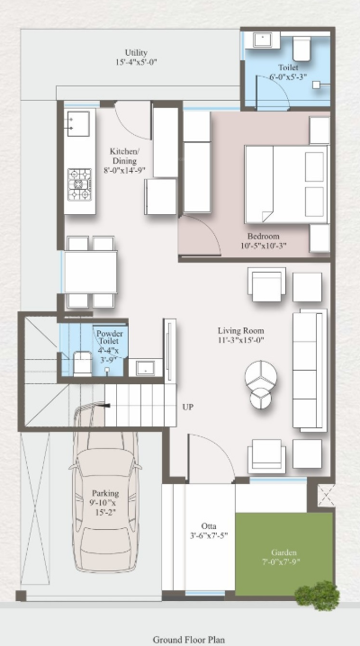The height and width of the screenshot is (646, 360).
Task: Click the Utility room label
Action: point(137,53)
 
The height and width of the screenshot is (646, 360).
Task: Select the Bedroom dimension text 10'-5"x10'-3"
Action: point(274,246)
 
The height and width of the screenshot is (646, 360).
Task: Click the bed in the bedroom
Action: point(286,184)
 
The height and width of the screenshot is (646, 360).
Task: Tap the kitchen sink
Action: point(77,121)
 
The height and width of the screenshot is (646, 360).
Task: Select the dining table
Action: point(90,271)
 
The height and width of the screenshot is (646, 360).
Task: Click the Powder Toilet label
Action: point(110,338)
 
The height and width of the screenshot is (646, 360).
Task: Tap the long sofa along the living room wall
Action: point(308,371)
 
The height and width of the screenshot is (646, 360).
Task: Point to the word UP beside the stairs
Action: point(188,407)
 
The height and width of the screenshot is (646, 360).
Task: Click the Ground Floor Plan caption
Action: point(188,640)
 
